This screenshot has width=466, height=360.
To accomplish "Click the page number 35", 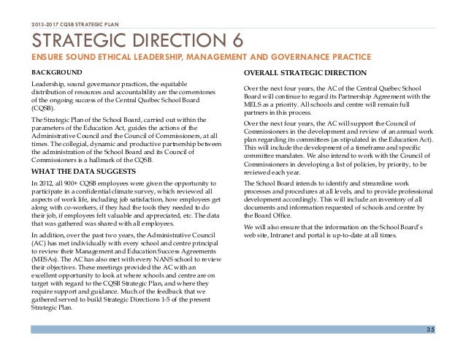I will pyautogui.click(x=450, y=329).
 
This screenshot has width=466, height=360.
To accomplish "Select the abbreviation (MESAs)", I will pyautogui.click(x=45, y=258).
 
